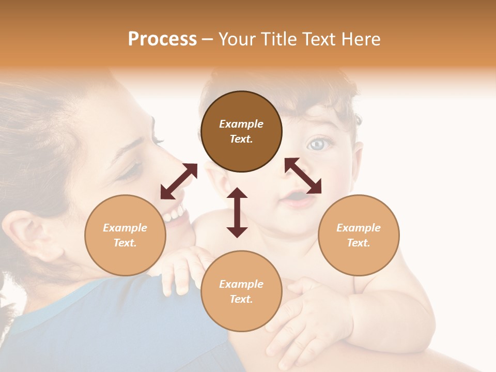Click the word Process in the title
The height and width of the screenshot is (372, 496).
pyautogui.click(x=162, y=39)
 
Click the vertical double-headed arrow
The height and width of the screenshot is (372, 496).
pyautogui.click(x=237, y=212)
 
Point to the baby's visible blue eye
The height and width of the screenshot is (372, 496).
pyautogui.click(x=316, y=144)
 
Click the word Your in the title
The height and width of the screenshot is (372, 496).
pyautogui.click(x=239, y=39)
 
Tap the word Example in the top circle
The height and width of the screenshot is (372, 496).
pyautogui.click(x=241, y=124)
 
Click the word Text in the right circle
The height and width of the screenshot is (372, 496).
pyautogui.click(x=359, y=243)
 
